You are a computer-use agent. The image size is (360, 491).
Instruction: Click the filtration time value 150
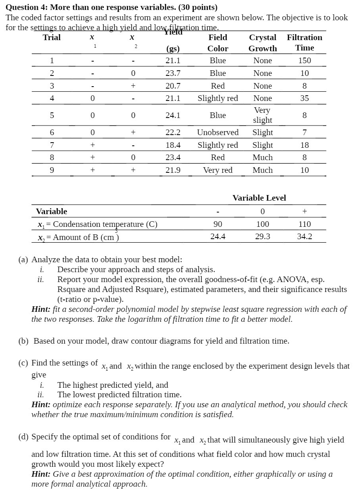tap(304, 60)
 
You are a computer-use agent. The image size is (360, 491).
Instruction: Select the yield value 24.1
tap(173, 115)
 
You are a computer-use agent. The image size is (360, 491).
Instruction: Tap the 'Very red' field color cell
tap(218, 170)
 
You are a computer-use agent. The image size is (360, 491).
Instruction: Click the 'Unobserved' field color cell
tap(218, 132)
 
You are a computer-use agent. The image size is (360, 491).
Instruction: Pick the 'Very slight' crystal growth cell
tap(262, 115)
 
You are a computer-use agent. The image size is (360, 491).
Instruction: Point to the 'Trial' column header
tap(52, 37)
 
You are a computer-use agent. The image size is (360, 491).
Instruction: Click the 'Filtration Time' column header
tap(304, 43)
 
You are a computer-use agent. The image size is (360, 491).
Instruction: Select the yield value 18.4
tap(173, 145)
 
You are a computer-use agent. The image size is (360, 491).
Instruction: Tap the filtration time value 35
tap(304, 98)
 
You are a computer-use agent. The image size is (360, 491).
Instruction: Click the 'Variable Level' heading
tap(259, 198)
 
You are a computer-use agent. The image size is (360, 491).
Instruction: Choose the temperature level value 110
tap(304, 224)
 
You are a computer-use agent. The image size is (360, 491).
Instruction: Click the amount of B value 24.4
tap(218, 237)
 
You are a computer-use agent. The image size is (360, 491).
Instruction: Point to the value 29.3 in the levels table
tap(262, 237)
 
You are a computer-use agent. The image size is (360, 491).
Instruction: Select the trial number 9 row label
tap(52, 170)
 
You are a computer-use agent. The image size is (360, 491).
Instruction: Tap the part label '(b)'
tap(24, 341)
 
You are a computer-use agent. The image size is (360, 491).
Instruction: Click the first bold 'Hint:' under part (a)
tap(41, 309)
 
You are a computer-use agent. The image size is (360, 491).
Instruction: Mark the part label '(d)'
tap(24, 437)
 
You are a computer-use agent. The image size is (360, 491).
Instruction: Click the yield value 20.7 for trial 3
tap(173, 86)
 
